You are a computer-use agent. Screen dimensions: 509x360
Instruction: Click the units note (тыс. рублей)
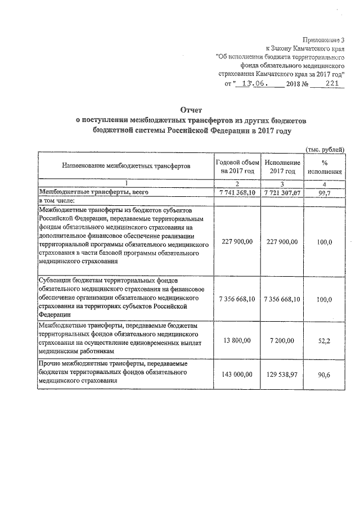325,148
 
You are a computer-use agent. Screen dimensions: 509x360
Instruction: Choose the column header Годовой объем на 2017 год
237,166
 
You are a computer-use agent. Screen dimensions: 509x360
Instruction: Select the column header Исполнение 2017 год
282,166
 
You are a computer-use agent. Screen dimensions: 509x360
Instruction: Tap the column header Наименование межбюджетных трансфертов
126,166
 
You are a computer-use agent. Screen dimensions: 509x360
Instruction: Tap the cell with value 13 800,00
237,341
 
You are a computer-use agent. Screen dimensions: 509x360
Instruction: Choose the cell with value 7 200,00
282,341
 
